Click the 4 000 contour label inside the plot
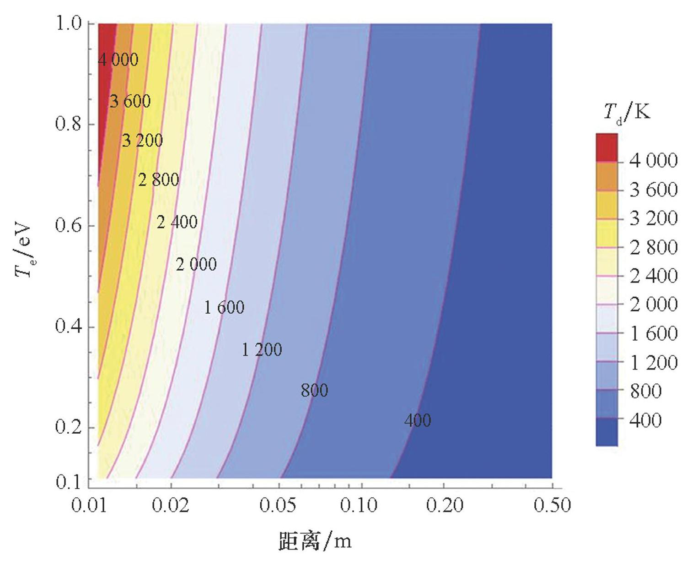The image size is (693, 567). click(x=118, y=60)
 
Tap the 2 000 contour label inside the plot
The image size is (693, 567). click(x=196, y=264)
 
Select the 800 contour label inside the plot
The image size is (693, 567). click(x=314, y=390)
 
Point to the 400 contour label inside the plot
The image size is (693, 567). click(x=417, y=420)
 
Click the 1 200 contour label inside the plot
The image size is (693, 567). click(x=261, y=350)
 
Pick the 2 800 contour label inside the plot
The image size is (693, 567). click(x=158, y=180)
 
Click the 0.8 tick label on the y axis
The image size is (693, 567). click(x=68, y=124)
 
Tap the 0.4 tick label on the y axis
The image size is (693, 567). click(x=68, y=327)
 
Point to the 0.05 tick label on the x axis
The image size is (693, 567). click(x=277, y=506)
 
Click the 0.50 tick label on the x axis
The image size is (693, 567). click(x=552, y=506)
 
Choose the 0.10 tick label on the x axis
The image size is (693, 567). click(x=359, y=506)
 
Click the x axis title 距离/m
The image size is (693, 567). click(x=315, y=541)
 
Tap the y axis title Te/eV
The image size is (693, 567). click(x=23, y=251)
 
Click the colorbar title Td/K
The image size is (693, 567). click(x=627, y=111)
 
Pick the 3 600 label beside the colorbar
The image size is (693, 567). click(x=653, y=189)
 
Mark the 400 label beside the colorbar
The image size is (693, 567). click(x=645, y=420)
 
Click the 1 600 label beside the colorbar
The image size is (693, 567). click(x=653, y=333)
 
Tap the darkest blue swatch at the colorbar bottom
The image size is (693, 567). click(x=607, y=432)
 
